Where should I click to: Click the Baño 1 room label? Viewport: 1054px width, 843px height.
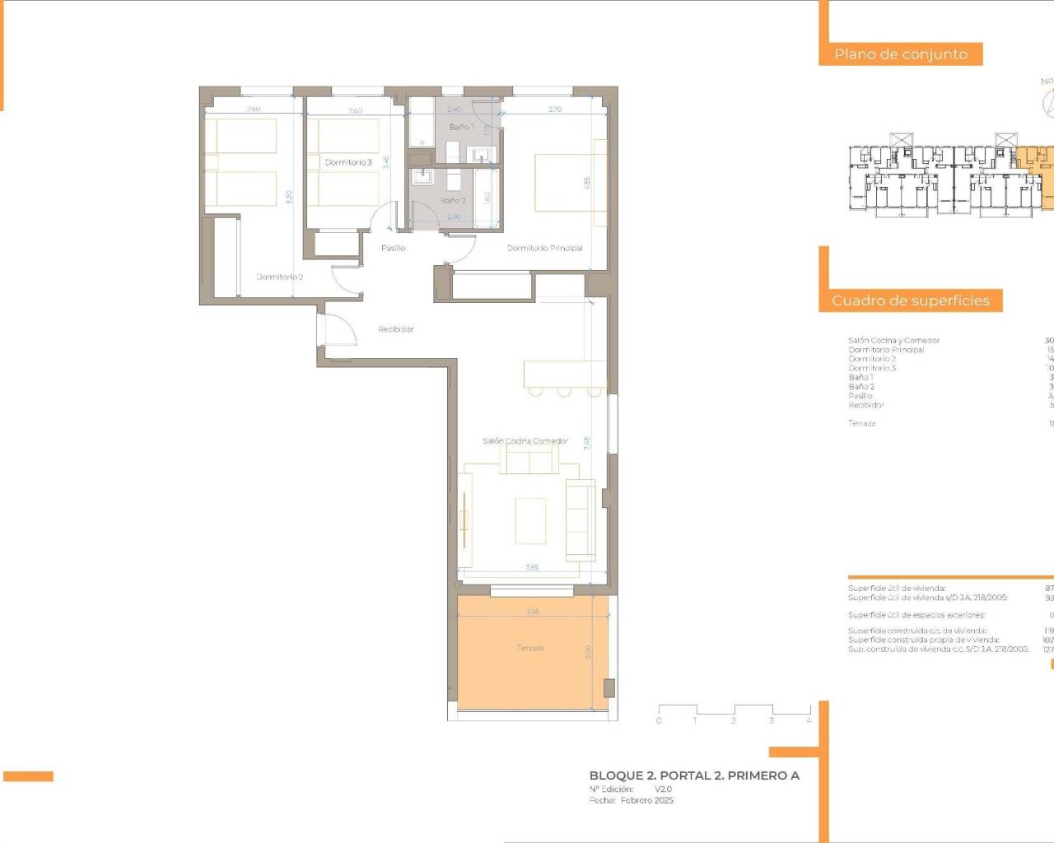tap(461, 127)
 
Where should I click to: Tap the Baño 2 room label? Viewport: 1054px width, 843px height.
tap(452, 201)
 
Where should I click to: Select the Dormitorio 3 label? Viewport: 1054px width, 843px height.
tap(348, 162)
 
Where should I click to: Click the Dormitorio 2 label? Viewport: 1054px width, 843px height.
tap(280, 277)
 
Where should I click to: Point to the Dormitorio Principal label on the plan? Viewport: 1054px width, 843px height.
tap(544, 248)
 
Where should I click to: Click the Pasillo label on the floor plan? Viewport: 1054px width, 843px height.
tap(393, 248)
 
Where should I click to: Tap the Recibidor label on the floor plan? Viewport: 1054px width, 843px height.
tap(395, 329)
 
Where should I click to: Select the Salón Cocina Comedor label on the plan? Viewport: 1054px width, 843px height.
tap(525, 441)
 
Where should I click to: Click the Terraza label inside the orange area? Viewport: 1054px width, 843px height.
tap(530, 648)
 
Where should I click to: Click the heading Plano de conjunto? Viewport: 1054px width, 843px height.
tap(901, 54)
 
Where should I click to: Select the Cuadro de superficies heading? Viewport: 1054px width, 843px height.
tap(910, 300)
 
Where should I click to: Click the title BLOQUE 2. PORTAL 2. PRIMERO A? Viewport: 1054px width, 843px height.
tap(694, 775)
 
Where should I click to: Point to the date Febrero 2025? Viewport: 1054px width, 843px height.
tap(646, 800)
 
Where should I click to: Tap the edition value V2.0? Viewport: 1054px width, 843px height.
tap(663, 789)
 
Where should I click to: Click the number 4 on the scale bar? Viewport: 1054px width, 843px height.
tap(809, 720)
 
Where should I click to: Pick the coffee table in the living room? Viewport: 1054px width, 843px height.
tap(530, 521)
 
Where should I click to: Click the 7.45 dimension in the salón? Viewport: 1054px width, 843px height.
tap(587, 444)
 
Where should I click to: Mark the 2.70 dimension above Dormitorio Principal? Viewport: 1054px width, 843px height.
tap(555, 109)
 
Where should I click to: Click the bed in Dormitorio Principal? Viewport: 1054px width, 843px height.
tap(568, 182)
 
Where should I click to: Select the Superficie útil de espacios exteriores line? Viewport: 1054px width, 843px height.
tap(916, 615)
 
